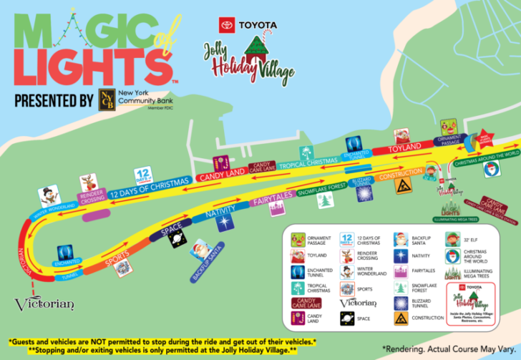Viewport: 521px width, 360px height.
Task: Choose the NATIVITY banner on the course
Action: point(220,213)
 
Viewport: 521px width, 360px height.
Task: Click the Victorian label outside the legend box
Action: point(44,303)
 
